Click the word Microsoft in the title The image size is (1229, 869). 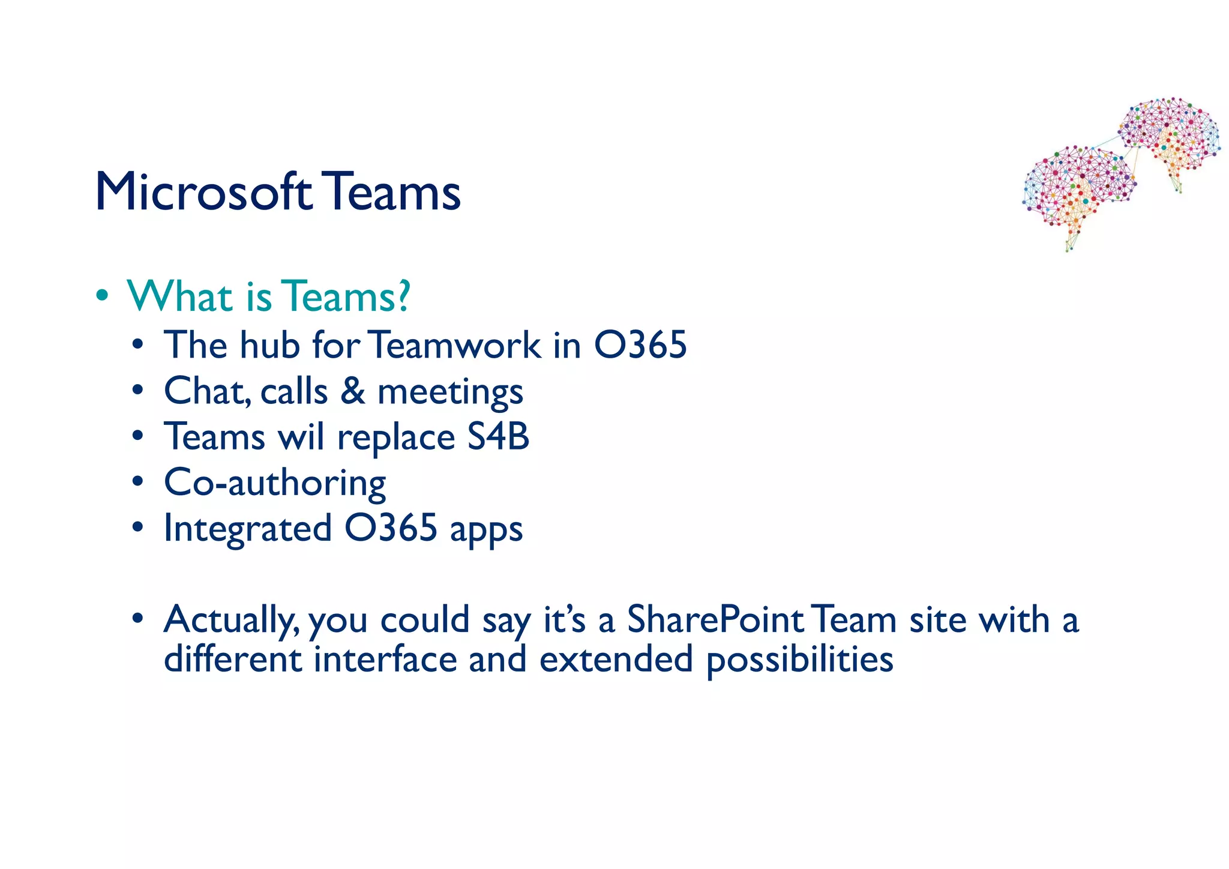tap(203, 192)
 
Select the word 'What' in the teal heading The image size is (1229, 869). tap(179, 296)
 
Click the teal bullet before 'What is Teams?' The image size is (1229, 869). tap(103, 296)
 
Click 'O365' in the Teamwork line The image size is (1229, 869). tap(640, 345)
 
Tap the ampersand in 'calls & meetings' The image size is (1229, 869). tap(353, 391)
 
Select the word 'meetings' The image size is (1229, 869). tap(450, 393)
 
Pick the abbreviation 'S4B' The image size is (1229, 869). tap(498, 436)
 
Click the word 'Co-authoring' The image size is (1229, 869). tap(275, 483)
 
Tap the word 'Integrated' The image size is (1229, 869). tap(248, 529)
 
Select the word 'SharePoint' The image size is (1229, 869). tap(715, 619)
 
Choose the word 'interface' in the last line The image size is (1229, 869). tap(386, 659)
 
